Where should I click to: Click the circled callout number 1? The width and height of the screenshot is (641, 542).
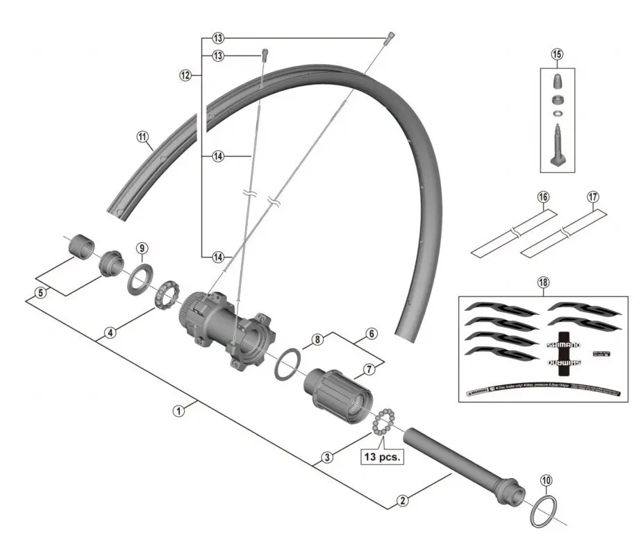click(x=179, y=410)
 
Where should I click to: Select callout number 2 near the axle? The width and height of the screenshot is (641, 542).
click(x=402, y=498)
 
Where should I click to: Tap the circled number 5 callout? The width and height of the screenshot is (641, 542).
click(x=41, y=292)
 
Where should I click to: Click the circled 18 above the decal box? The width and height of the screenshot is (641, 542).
click(x=543, y=282)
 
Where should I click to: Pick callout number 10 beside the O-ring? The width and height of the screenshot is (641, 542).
click(x=546, y=480)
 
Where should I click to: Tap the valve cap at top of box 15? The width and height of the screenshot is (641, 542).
click(x=558, y=82)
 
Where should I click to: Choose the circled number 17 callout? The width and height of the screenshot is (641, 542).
click(x=592, y=196)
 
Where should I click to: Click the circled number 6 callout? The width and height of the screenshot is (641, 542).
click(x=372, y=334)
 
